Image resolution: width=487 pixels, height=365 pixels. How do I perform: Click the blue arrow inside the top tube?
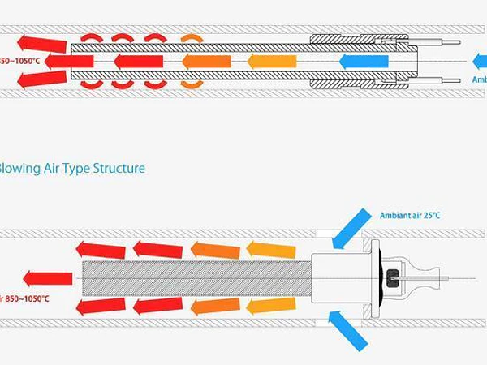(x=358, y=61)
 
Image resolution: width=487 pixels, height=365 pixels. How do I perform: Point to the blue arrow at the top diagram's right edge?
(x=480, y=62)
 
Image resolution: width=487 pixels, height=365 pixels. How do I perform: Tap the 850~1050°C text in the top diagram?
(x=22, y=61)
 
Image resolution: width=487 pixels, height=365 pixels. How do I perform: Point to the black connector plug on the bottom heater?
(x=394, y=278)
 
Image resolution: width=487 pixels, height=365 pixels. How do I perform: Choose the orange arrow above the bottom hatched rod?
(x=215, y=250)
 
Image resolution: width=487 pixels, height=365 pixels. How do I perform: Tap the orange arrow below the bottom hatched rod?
(x=215, y=306)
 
